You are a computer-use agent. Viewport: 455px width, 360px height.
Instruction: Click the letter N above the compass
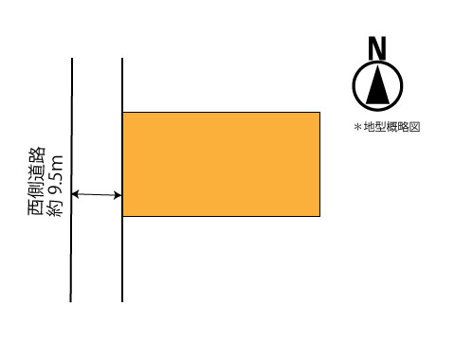pyautogui.click(x=377, y=48)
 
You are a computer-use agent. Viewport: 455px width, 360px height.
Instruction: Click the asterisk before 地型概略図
pyautogui.click(x=358, y=127)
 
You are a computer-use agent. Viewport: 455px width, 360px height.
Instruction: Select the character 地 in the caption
pyautogui.click(x=369, y=127)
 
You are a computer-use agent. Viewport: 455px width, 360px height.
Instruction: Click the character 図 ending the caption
pyautogui.click(x=414, y=127)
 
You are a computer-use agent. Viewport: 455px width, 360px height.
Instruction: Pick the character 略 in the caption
pyautogui.click(x=403, y=127)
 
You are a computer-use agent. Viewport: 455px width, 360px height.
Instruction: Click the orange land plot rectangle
pyautogui.click(x=221, y=164)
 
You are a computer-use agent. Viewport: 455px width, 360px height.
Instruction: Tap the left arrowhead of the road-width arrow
pyautogui.click(x=75, y=194)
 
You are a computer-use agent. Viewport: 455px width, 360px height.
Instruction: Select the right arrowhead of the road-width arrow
pyautogui.click(x=118, y=195)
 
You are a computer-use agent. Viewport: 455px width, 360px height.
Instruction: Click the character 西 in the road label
pyautogui.click(x=37, y=207)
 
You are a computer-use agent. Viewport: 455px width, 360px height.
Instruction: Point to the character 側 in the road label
pyautogui.click(x=37, y=190)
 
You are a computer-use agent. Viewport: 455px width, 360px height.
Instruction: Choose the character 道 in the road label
pyautogui.click(x=37, y=172)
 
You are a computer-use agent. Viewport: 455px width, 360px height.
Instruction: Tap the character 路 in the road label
pyautogui.click(x=37, y=155)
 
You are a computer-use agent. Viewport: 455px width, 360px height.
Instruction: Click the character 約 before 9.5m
pyautogui.click(x=55, y=207)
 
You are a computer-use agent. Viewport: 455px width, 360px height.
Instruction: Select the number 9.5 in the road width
pyautogui.click(x=56, y=184)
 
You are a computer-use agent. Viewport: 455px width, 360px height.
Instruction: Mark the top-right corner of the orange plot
pyautogui.click(x=319, y=113)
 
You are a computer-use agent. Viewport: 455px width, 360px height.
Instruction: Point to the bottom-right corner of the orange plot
pyautogui.click(x=319, y=216)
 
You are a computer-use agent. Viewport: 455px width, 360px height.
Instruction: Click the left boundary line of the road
pyautogui.click(x=71, y=180)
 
